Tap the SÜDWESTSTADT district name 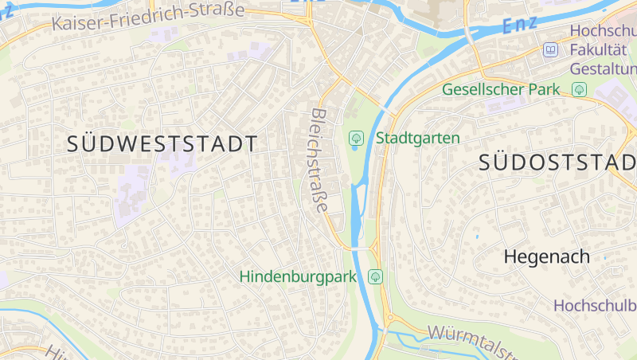coord(162,144)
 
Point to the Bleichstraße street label coord(318,160)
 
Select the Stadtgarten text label coord(417,138)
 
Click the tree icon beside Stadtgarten coord(356,139)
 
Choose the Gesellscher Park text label coord(502,89)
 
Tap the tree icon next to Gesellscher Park coord(580,89)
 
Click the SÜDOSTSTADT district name coord(557,163)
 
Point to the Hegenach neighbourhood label coord(547,256)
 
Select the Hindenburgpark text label coord(298,276)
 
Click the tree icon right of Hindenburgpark coord(375,276)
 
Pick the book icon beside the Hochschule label coord(550,50)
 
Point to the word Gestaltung coord(603,68)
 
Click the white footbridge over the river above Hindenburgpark coord(363,249)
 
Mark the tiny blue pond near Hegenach coord(477,237)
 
